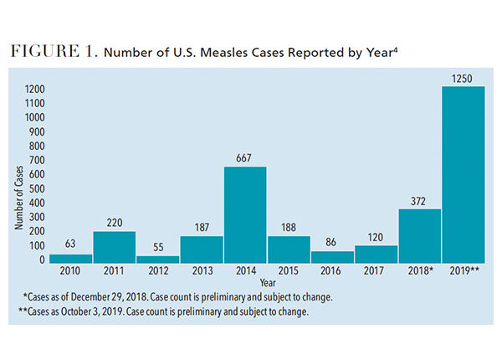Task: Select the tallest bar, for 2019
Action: tap(464, 175)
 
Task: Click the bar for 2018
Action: tap(420, 236)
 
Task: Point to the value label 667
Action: tap(245, 157)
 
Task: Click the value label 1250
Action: tap(464, 77)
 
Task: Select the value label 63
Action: tap(70, 244)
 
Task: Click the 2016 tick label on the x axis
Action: tap(332, 272)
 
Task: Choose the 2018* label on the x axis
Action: tap(421, 272)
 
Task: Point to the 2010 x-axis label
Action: tap(70, 272)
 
